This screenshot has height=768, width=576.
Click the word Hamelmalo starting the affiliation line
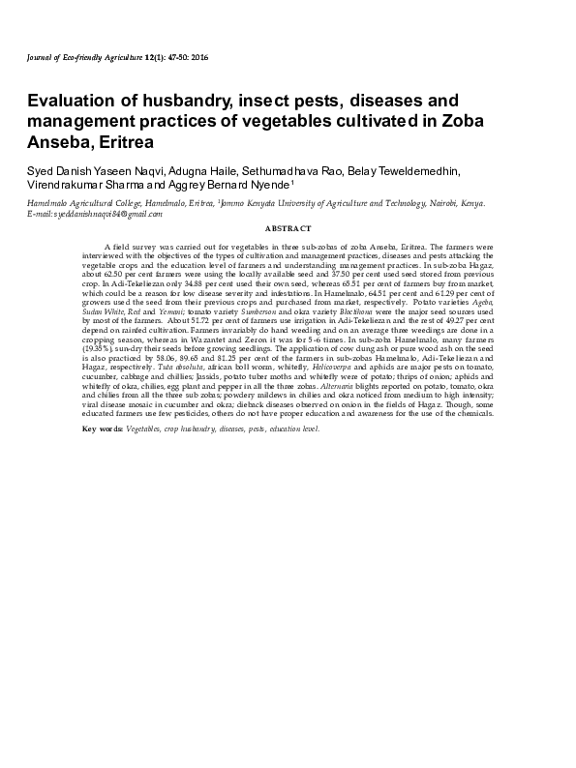coord(50,203)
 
